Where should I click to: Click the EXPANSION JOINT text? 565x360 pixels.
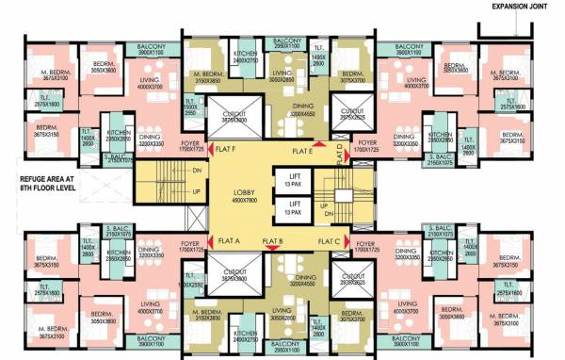click(x=515, y=8)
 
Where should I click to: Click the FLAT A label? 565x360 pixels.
click(x=229, y=240)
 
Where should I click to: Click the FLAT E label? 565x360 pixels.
click(x=302, y=151)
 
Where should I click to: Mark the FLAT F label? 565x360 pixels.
click(x=226, y=150)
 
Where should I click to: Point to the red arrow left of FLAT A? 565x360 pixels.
click(x=209, y=240)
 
